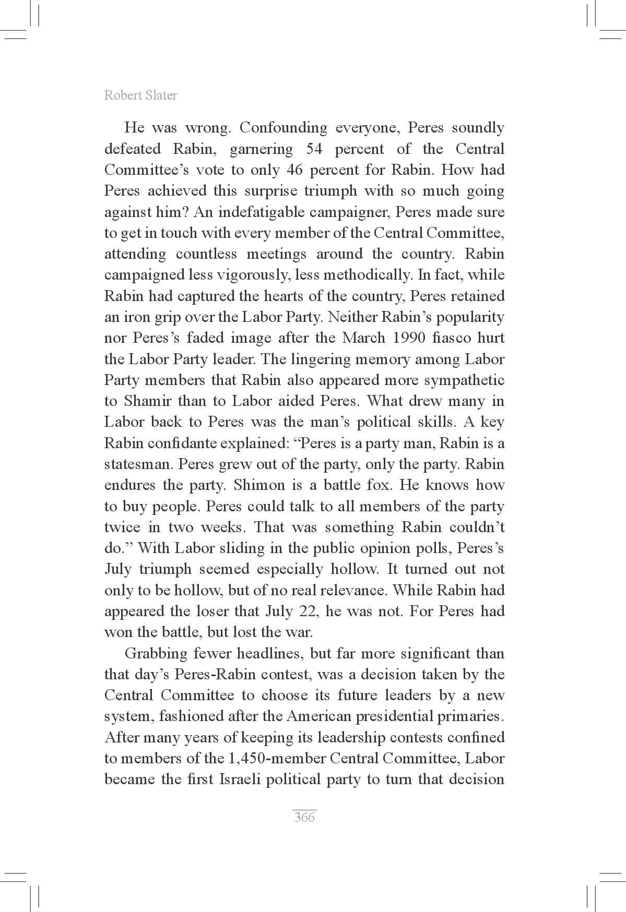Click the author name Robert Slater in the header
[x=140, y=95]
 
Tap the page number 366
[x=304, y=817]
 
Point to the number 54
[x=313, y=149]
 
